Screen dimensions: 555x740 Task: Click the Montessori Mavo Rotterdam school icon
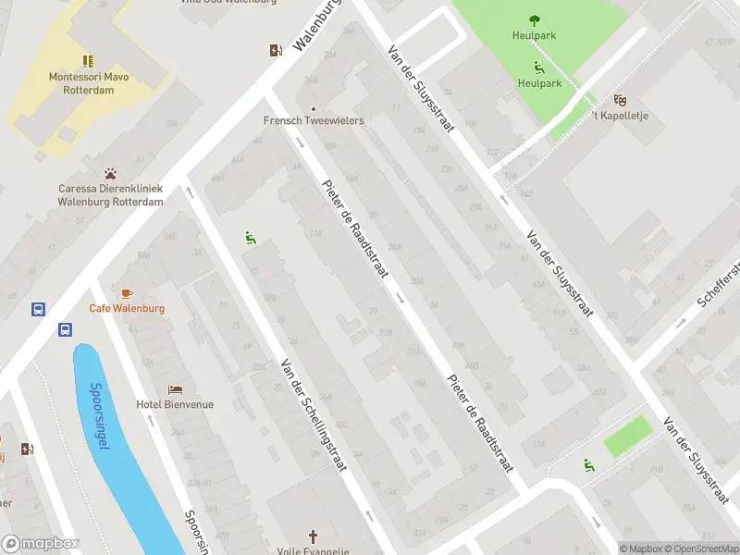pyautogui.click(x=89, y=60)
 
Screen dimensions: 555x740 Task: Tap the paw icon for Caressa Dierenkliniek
pyautogui.click(x=111, y=173)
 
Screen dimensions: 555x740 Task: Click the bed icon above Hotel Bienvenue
pyautogui.click(x=175, y=389)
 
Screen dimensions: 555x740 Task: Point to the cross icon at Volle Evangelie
pyautogui.click(x=313, y=536)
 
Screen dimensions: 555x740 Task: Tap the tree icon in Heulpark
pyautogui.click(x=535, y=19)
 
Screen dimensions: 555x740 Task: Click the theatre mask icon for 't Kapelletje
pyautogui.click(x=620, y=99)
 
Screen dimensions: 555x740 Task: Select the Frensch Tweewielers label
pyautogui.click(x=314, y=120)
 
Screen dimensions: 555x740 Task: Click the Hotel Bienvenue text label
pyautogui.click(x=175, y=404)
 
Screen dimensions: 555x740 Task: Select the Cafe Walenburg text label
pyautogui.click(x=127, y=308)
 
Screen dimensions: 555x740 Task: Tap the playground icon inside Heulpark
pyautogui.click(x=538, y=67)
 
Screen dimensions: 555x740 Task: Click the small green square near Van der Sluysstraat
pyautogui.click(x=628, y=436)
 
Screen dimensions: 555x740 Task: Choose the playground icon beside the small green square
pyautogui.click(x=588, y=464)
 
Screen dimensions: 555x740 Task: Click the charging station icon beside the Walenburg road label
pyautogui.click(x=276, y=50)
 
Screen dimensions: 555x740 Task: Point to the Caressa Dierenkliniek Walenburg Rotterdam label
pyautogui.click(x=111, y=194)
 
